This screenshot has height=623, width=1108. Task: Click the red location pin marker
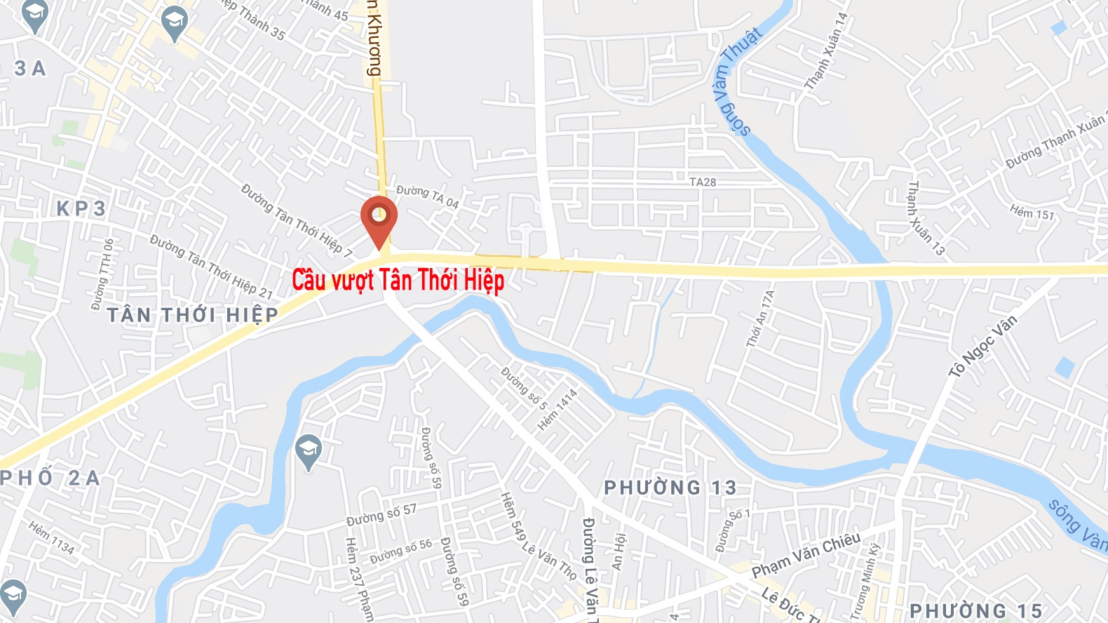379,218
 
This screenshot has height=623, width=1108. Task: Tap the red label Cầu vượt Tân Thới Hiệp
398,280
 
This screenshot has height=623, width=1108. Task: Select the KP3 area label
81,208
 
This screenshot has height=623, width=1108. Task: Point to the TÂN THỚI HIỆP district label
193,315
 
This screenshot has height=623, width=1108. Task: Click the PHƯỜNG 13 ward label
670,488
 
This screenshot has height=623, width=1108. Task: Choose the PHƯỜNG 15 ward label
975,611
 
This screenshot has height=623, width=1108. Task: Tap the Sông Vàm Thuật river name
737,81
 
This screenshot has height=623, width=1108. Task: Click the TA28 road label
703,182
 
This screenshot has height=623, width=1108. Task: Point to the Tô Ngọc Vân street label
982,346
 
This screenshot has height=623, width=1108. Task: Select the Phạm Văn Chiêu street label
806,556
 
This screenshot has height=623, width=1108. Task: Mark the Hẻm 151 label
1032,212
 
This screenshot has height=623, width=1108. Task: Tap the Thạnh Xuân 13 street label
926,217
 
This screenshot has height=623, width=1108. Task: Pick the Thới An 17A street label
761,319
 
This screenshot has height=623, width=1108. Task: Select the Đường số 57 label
381,515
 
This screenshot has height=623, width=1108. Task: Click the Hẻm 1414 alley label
558,410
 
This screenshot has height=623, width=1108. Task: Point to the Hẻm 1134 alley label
51,537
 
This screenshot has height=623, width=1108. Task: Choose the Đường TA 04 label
427,196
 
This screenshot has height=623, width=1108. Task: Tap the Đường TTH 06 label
102,274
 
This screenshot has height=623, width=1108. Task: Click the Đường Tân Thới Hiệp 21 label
210,267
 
